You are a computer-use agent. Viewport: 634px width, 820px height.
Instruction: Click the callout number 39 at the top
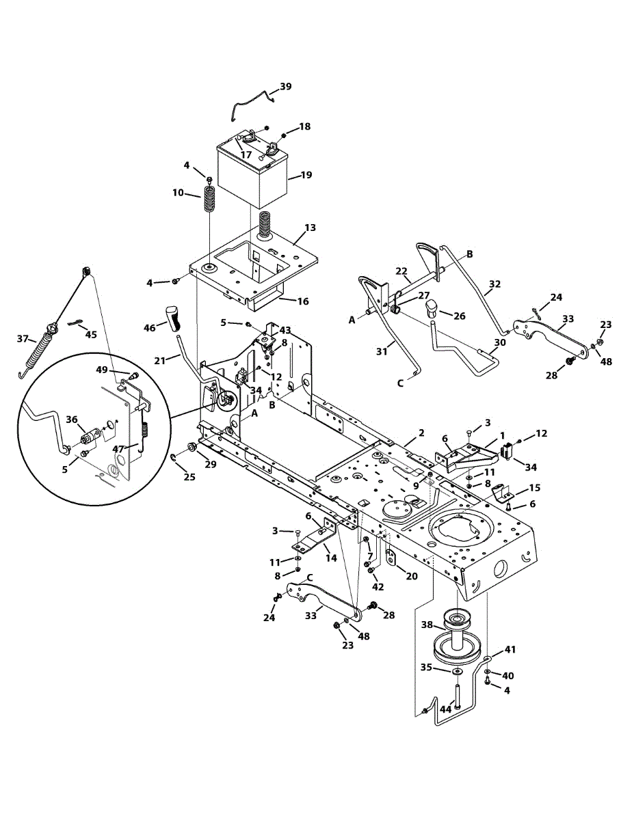tap(285, 87)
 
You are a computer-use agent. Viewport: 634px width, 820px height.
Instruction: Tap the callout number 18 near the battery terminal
tap(304, 126)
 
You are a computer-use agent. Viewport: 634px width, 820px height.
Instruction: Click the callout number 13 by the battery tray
tap(310, 228)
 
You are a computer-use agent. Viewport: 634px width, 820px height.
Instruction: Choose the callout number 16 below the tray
tap(302, 300)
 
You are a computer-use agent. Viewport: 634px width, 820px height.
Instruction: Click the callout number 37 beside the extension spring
tap(23, 338)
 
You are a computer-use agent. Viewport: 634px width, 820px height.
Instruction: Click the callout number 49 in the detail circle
tap(101, 370)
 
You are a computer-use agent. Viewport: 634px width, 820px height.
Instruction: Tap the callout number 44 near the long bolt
tap(445, 710)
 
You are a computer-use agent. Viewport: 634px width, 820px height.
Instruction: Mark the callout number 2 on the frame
tap(421, 433)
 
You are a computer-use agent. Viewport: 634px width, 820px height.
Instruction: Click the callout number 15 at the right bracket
tap(535, 487)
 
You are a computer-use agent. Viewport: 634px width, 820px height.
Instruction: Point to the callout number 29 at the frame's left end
tap(211, 464)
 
